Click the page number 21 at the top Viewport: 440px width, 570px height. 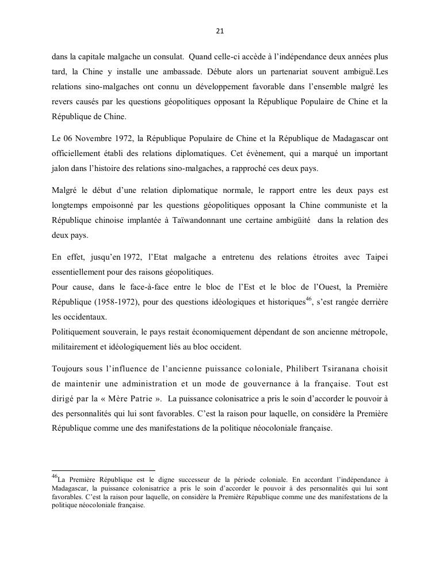pyautogui.click(x=220, y=31)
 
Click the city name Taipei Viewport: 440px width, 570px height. pyautogui.click(x=376, y=257)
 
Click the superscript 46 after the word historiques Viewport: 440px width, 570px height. pyautogui.click(x=308, y=299)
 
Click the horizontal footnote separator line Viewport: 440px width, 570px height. pyautogui.click(x=104, y=470)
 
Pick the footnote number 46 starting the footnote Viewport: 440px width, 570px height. pyautogui.click(x=55, y=476)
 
